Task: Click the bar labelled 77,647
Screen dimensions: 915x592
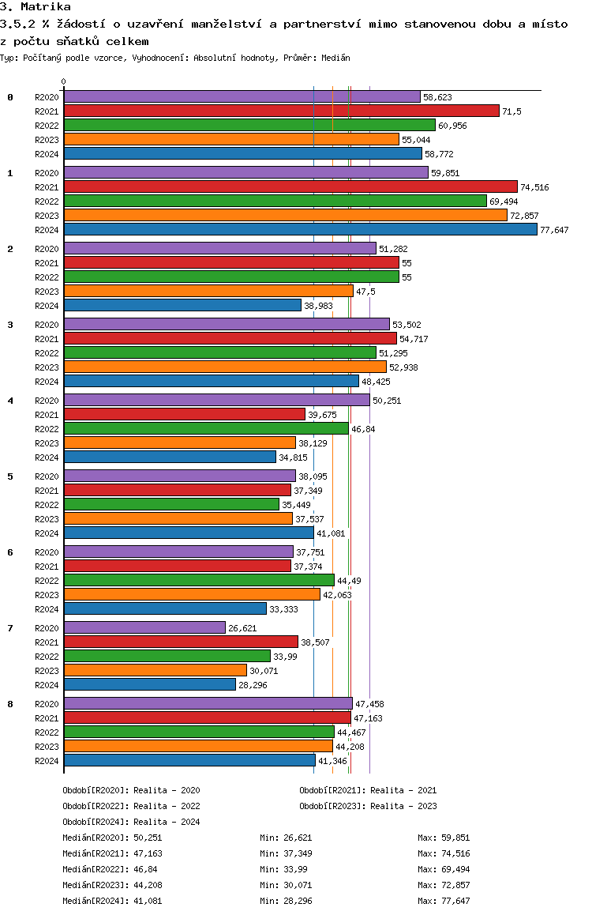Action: [x=300, y=229]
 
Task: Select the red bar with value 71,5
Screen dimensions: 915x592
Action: [x=281, y=111]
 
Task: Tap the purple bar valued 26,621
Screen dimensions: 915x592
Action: [x=144, y=627]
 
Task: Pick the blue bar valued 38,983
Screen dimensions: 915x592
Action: [x=182, y=305]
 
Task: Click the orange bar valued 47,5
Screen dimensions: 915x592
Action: [x=208, y=291]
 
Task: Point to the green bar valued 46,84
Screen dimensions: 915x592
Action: [x=206, y=428]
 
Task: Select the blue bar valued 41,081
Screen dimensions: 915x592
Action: [x=189, y=533]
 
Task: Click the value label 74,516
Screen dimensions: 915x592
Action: [x=534, y=187]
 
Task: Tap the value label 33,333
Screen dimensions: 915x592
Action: [x=283, y=609]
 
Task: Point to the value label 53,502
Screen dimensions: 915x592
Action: [x=408, y=325]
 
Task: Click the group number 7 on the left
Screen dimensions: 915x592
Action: [x=10, y=627]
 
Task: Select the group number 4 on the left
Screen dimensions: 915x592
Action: [x=10, y=400]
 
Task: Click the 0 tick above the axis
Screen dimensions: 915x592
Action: [x=64, y=81]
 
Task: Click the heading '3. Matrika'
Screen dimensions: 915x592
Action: [x=36, y=7]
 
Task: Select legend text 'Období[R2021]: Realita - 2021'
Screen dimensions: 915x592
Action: [x=368, y=790]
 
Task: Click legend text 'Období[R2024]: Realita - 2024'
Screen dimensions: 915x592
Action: [x=131, y=822]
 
